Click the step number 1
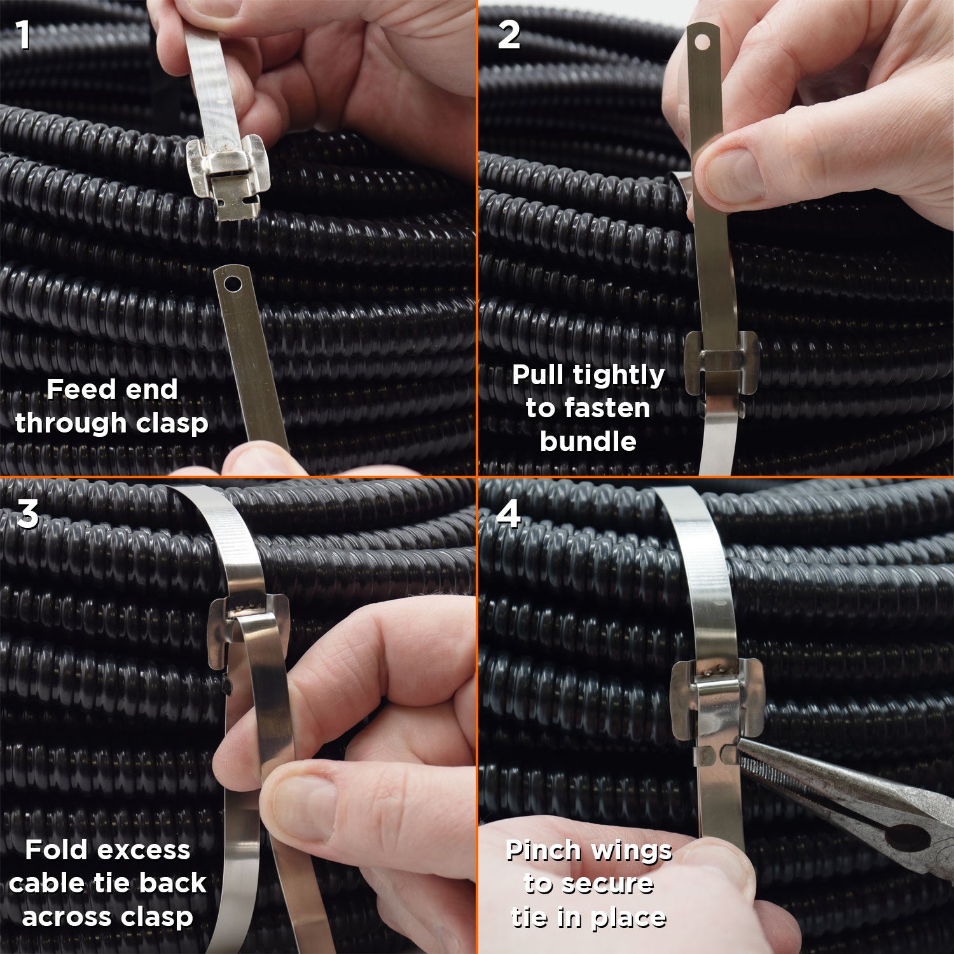[x=24, y=34]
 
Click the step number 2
[x=509, y=34]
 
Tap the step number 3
[x=27, y=514]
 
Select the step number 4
[x=509, y=514]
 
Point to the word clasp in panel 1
[x=172, y=424]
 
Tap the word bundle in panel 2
[x=588, y=441]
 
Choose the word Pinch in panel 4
[x=544, y=850]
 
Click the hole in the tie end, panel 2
[x=702, y=43]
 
